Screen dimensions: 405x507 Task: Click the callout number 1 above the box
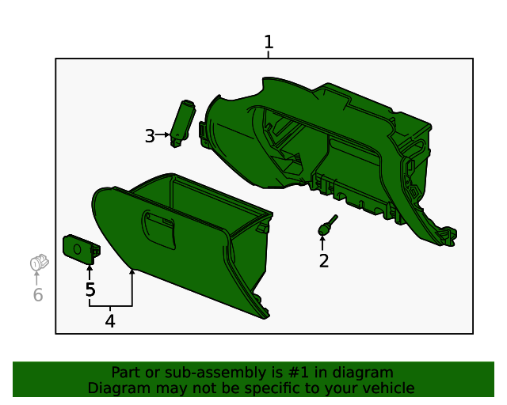pos(269,42)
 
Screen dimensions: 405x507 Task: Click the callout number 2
pos(323,261)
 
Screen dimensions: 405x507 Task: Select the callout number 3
pos(150,136)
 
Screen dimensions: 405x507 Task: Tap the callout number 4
pos(110,321)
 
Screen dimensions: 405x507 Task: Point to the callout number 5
pos(90,290)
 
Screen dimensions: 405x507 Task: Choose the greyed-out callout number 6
pos(37,296)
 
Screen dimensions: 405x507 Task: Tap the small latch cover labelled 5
pos(80,249)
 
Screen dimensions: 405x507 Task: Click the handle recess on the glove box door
pos(158,229)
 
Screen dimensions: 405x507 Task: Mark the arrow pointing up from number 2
pos(322,242)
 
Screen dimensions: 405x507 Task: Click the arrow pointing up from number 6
pos(36,278)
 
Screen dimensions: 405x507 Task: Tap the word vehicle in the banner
pos(386,388)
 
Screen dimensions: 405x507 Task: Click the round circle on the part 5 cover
pos(77,249)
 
